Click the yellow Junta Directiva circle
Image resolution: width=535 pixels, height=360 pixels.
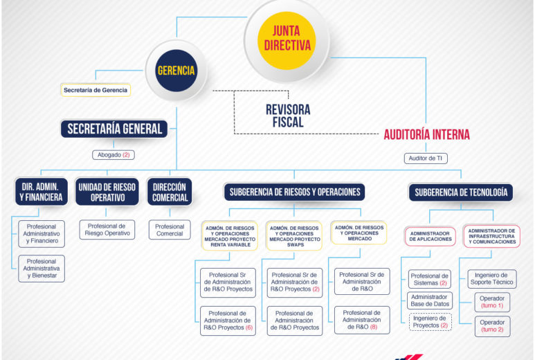(x=287, y=41)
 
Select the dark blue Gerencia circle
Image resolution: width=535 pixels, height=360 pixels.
(x=176, y=71)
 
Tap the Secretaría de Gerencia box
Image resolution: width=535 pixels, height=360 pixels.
(x=96, y=90)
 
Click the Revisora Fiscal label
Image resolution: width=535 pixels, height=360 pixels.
(x=288, y=116)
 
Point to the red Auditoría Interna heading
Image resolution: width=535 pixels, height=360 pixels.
(x=427, y=134)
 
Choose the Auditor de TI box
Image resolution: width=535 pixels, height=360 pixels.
(x=426, y=159)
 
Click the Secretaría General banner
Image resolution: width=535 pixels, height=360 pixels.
(x=114, y=129)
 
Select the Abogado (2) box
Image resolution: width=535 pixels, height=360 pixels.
(x=114, y=155)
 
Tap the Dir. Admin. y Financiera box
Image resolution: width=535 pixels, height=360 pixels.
(x=42, y=192)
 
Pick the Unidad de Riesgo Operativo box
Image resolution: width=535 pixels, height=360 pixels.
(x=107, y=192)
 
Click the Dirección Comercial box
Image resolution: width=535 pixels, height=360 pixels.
(x=170, y=192)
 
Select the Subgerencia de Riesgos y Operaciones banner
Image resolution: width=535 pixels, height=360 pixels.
(x=294, y=192)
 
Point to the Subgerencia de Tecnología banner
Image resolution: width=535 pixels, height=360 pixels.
(x=461, y=192)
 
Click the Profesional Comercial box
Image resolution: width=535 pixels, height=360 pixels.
(x=170, y=230)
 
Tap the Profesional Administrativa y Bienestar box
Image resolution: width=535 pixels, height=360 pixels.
(x=42, y=269)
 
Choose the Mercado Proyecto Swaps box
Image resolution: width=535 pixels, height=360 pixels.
(x=294, y=236)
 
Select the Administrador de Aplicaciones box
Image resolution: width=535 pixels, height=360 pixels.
(x=430, y=236)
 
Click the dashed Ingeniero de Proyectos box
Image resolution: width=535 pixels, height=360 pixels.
(x=430, y=322)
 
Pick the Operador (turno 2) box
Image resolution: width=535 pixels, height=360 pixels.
(x=492, y=326)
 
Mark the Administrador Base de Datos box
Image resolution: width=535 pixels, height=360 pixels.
(x=430, y=300)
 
